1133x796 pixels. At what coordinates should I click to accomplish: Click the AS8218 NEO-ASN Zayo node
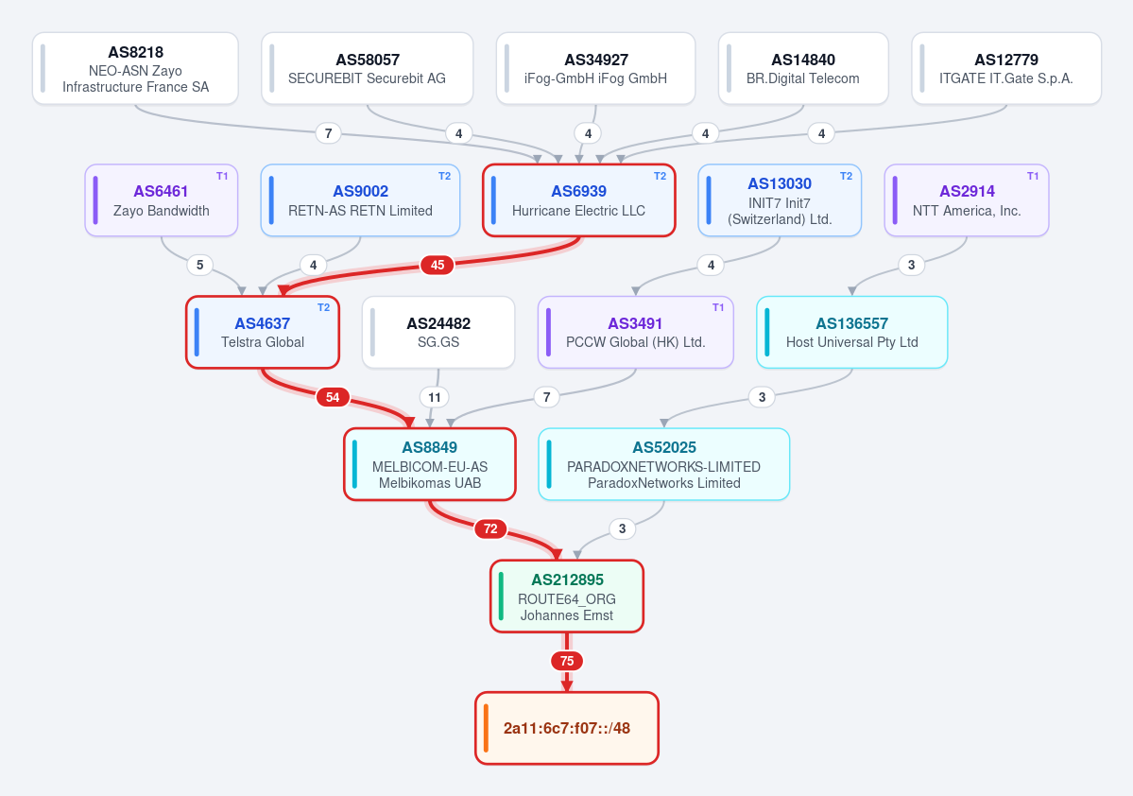click(x=135, y=69)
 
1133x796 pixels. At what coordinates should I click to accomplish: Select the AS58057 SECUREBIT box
click(x=367, y=69)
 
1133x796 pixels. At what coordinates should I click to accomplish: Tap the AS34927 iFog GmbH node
click(x=595, y=69)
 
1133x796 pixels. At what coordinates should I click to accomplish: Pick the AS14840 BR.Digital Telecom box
click(x=803, y=69)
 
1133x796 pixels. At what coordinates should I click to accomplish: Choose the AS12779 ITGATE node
click(x=1005, y=69)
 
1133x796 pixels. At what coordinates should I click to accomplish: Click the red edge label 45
click(x=438, y=266)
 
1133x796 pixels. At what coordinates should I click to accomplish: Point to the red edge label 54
click(x=333, y=397)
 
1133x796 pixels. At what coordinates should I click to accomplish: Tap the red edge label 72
click(x=490, y=529)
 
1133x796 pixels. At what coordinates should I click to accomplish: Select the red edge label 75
click(x=567, y=661)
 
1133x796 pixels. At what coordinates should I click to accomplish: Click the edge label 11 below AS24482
click(x=435, y=397)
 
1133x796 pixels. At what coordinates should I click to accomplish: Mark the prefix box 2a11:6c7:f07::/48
click(x=567, y=728)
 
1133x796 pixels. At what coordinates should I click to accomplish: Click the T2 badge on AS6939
click(x=660, y=177)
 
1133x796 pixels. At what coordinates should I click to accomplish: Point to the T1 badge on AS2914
click(x=1033, y=177)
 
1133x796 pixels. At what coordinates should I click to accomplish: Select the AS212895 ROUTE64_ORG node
click(x=567, y=597)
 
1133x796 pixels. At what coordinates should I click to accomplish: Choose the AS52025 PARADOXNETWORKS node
click(x=664, y=464)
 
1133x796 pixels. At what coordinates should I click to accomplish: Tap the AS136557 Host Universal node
click(x=852, y=333)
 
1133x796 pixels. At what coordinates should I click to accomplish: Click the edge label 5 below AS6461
click(x=200, y=266)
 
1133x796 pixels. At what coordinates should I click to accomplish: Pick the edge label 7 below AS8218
click(x=329, y=133)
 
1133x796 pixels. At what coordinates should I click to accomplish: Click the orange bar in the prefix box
click(x=487, y=728)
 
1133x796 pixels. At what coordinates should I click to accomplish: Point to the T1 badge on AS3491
click(x=717, y=308)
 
